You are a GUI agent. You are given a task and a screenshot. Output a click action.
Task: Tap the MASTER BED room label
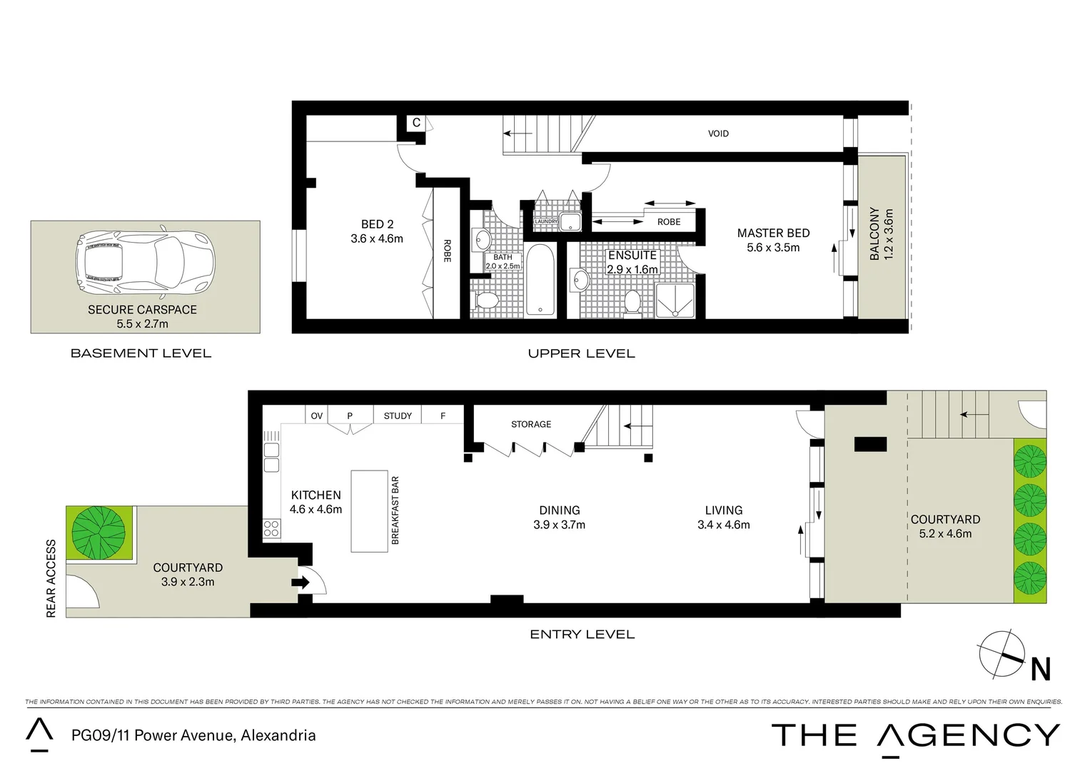[x=773, y=233]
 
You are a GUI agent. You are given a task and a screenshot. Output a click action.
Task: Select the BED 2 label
[x=377, y=225]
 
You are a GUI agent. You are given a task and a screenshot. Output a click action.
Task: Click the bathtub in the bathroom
[x=540, y=280]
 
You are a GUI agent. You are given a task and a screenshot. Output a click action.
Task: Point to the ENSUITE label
[x=632, y=256]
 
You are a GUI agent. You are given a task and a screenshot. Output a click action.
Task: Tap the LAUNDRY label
[x=546, y=222]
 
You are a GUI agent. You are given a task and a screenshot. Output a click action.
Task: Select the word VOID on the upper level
[x=718, y=133]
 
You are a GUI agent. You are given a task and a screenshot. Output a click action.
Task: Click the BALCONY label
[x=874, y=233]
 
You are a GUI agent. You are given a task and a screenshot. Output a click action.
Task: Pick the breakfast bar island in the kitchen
[x=369, y=510]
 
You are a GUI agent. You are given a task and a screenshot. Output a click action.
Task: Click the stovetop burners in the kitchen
[x=272, y=528]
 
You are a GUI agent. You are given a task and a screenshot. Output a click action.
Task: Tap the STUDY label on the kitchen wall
[x=398, y=415]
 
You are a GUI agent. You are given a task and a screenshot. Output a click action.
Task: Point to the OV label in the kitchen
[x=317, y=415]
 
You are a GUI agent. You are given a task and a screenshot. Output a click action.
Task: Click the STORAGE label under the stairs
[x=531, y=424]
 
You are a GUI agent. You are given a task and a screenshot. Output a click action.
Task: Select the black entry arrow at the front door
[x=301, y=583]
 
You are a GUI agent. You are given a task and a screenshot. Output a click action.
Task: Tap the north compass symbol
[x=1006, y=655]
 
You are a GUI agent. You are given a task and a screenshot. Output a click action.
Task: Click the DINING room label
[x=560, y=510]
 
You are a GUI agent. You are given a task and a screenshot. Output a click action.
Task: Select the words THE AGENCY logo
[x=916, y=736]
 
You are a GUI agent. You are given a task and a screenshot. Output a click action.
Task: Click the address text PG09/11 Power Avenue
[x=193, y=735]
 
